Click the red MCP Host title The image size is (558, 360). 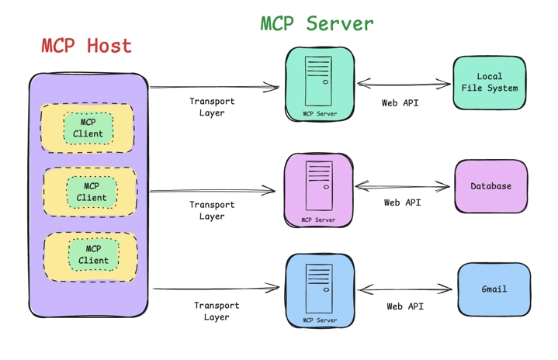tap(86, 46)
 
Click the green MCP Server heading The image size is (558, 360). tap(317, 23)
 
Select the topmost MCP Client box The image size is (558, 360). tap(88, 128)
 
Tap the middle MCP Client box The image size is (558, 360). tap(92, 192)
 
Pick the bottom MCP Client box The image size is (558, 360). tap(93, 254)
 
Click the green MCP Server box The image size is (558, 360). tap(320, 84)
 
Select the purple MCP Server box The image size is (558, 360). tap(318, 189)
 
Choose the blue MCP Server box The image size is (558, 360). tap(320, 290)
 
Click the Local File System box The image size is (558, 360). tap(489, 82)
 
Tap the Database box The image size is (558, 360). tap(490, 186)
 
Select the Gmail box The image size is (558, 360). tap(494, 289)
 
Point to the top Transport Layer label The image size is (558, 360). tap(211, 107)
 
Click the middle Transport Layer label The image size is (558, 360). tap(211, 210)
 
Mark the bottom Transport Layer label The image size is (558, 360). tap(217, 311)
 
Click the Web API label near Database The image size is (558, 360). tap(402, 202)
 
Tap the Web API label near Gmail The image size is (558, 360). tap(405, 306)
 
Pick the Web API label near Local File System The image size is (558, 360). tap(400, 103)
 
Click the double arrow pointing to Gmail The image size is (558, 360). tap(405, 289)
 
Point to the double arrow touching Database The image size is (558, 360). tap(402, 186)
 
